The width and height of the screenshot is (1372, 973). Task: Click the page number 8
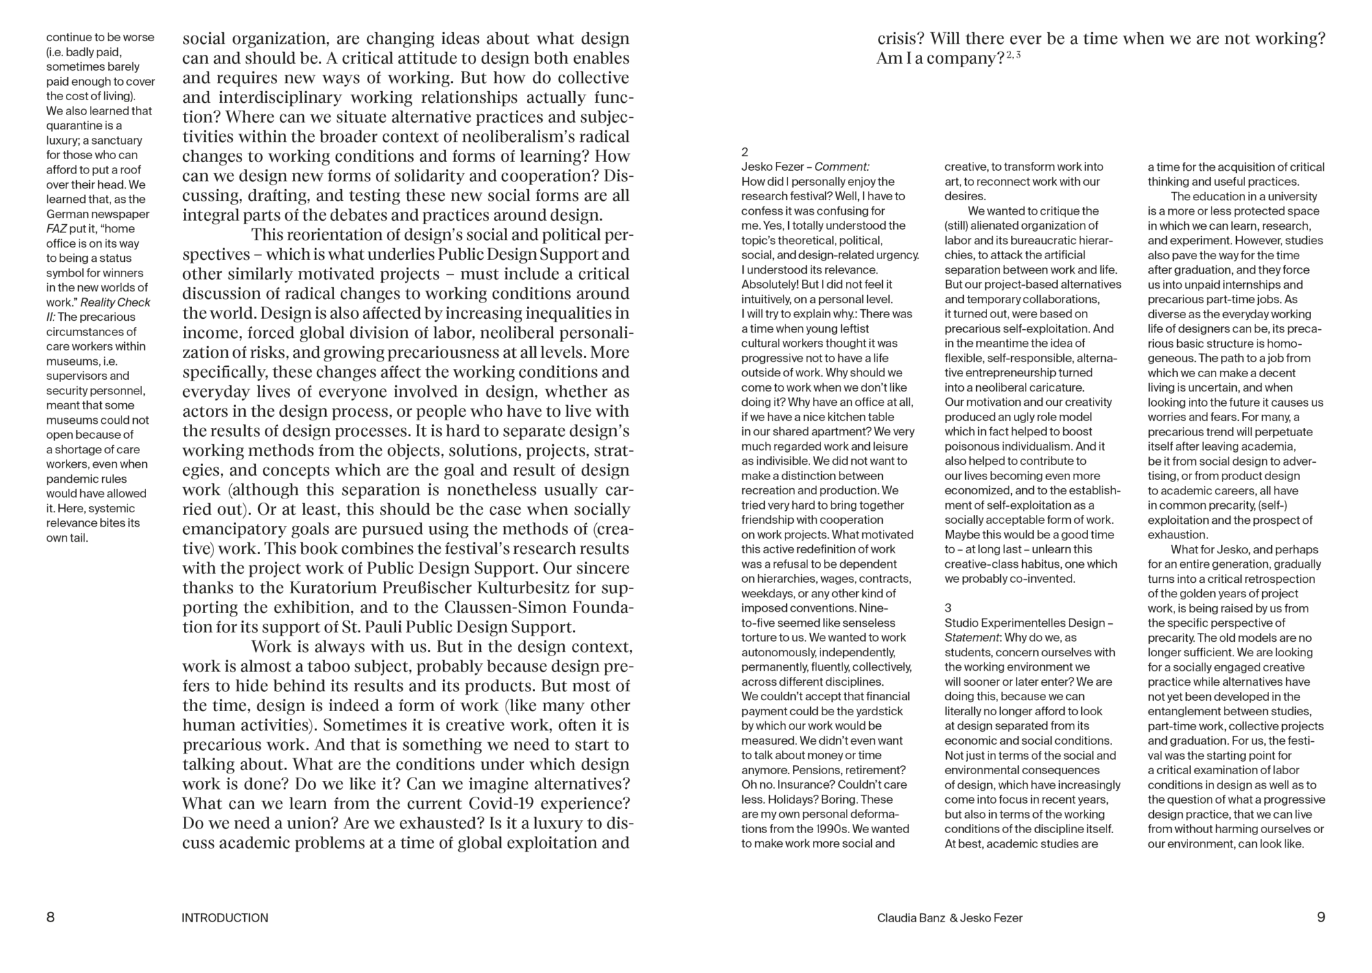tap(51, 917)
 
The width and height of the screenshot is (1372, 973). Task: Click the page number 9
tap(1321, 917)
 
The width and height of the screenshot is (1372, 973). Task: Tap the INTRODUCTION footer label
tap(225, 918)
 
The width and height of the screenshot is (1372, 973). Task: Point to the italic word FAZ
tap(57, 229)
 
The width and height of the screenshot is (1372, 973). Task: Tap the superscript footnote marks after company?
tap(1014, 56)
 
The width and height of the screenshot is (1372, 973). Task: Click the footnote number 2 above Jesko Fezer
tap(745, 152)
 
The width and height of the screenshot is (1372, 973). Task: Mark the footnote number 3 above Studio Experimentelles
tap(948, 608)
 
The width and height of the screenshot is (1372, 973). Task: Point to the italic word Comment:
tap(842, 167)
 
